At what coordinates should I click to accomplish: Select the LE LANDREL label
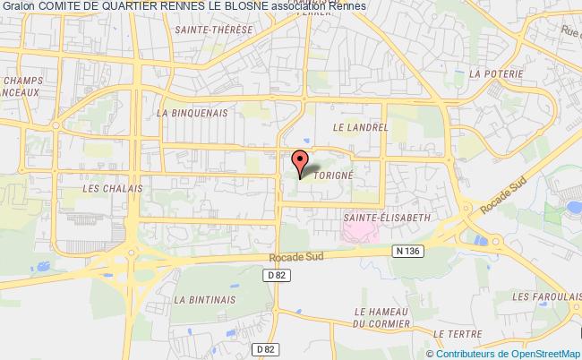coord(359,128)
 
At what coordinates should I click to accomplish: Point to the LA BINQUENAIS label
coord(192,114)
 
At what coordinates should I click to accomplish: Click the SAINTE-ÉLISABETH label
coord(388,218)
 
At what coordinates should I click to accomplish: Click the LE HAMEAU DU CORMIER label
coord(381,316)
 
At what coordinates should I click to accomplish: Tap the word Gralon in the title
coord(17,7)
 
